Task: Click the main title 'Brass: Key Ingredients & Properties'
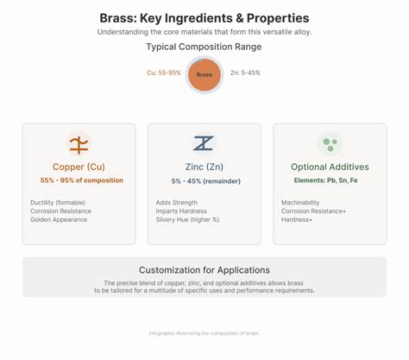coord(204,17)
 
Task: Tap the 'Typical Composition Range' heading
coord(204,47)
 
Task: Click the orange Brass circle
coord(204,74)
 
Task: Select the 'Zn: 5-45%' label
coord(246,73)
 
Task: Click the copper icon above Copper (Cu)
coord(79,143)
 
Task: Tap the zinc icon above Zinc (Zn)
coord(204,143)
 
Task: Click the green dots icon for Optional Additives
coord(330,143)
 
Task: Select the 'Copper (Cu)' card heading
coord(79,167)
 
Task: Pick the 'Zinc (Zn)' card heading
coord(204,167)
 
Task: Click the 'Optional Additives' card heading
coord(330,167)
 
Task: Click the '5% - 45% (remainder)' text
coord(204,180)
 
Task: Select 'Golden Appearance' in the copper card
coord(59,219)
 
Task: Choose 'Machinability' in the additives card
coord(300,202)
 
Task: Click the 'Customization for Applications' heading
coord(204,269)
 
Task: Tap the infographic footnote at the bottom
coord(204,333)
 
